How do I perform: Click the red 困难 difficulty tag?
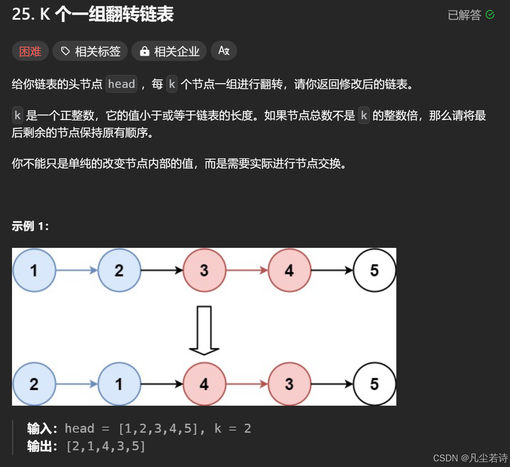click(x=30, y=51)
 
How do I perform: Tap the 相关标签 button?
click(x=90, y=51)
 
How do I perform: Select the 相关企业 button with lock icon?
click(x=169, y=51)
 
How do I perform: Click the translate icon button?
click(x=224, y=51)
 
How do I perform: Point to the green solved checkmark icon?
click(x=490, y=15)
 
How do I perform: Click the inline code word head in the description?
click(x=121, y=84)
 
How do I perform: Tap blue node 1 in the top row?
click(x=34, y=270)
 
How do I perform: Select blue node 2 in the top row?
click(x=119, y=270)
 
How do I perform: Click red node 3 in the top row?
click(x=204, y=270)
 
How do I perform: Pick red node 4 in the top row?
click(x=289, y=270)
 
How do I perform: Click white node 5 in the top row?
click(x=374, y=270)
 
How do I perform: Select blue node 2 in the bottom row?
click(x=34, y=384)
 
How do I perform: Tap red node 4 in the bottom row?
click(x=204, y=384)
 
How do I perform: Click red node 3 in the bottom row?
click(x=289, y=384)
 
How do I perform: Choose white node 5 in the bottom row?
click(x=374, y=384)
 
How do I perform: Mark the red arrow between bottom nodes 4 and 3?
click(x=247, y=384)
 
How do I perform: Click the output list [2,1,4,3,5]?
click(x=106, y=446)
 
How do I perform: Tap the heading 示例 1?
click(x=30, y=226)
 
